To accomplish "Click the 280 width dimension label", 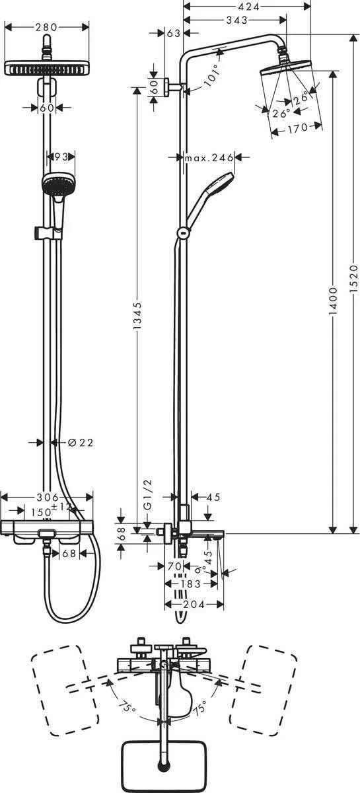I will (x=46, y=27).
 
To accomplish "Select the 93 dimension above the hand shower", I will (x=61, y=157).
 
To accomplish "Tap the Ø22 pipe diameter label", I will (x=81, y=442).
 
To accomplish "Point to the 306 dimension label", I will (x=46, y=497).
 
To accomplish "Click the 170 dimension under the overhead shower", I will (x=297, y=128).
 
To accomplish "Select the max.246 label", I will (x=209, y=157).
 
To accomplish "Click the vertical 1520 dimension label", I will (x=353, y=278).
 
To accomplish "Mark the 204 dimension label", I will (x=192, y=604).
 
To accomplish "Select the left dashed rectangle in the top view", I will (x=60, y=685).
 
